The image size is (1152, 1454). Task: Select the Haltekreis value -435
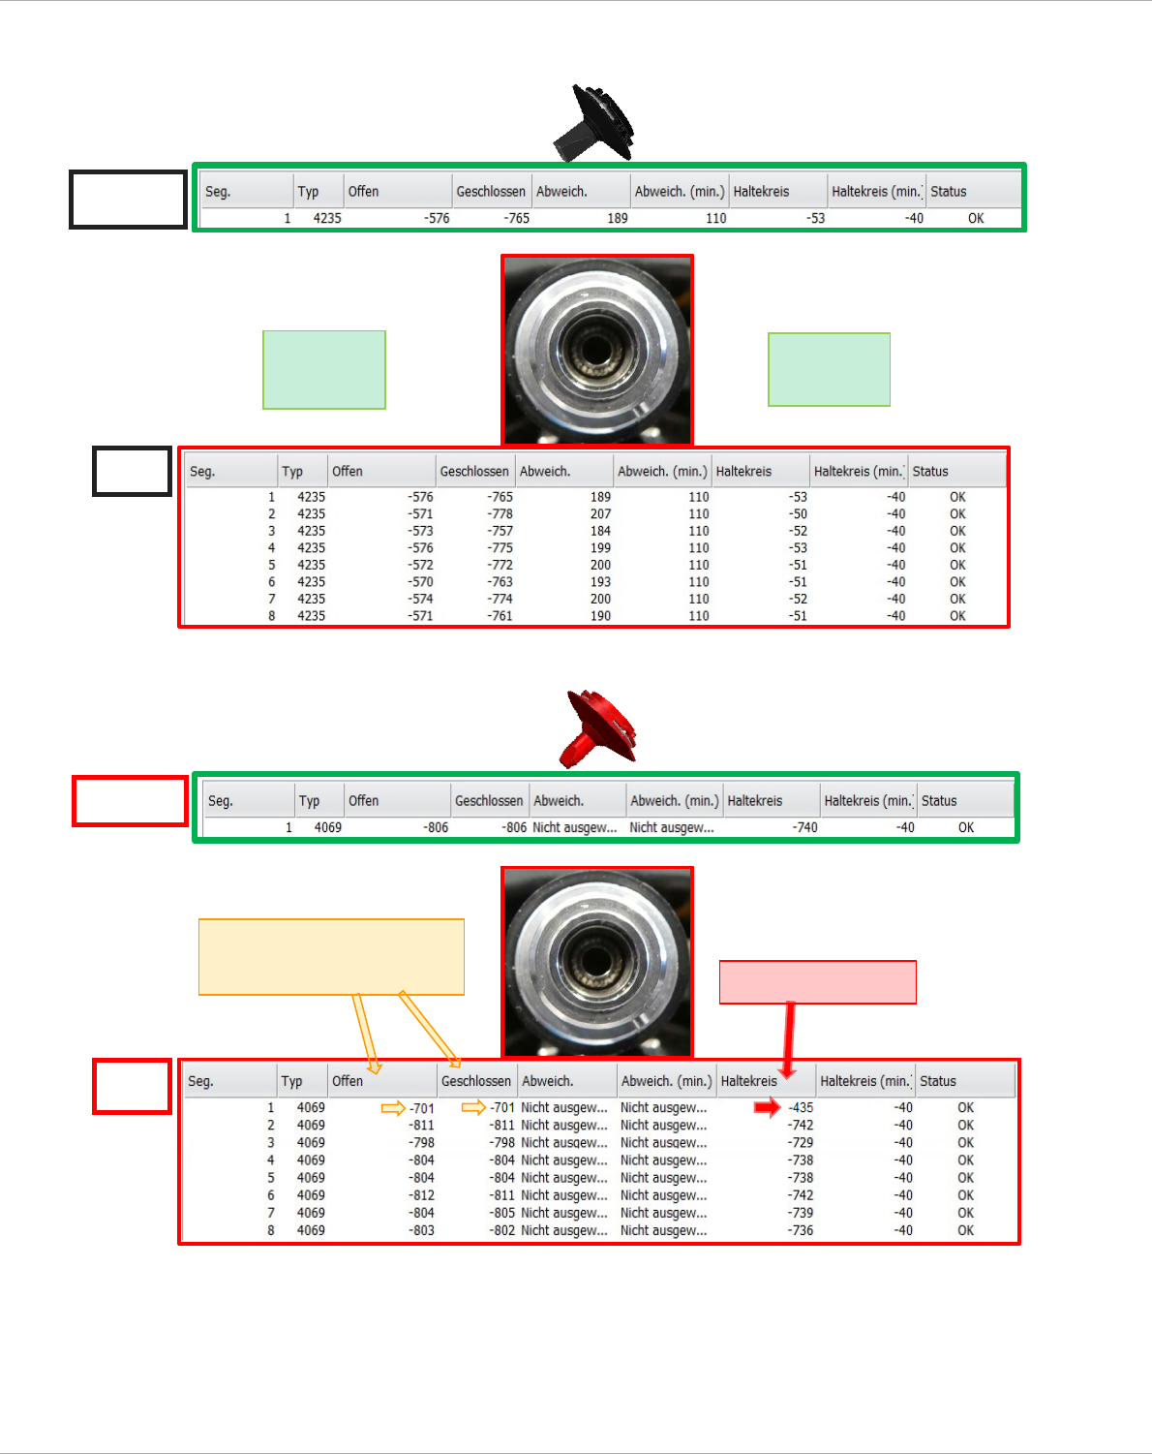coord(801,1107)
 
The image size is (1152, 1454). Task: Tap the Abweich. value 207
coord(600,514)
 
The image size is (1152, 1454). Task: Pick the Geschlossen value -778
coord(500,514)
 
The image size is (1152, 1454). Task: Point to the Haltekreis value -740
coord(804,827)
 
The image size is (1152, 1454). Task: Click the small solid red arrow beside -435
coord(767,1107)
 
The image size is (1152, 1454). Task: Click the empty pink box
coord(817,982)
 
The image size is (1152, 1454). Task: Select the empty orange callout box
coord(331,956)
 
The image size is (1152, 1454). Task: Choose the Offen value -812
coord(421,1195)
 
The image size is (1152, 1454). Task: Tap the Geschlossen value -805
coord(501,1213)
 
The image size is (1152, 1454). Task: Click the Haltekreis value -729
coord(801,1143)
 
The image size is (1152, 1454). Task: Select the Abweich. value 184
coord(600,531)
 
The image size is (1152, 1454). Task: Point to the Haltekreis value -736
coord(801,1230)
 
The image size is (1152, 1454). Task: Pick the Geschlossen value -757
coord(500,531)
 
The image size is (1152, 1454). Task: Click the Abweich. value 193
coord(600,582)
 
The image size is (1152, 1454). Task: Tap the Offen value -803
coord(421,1230)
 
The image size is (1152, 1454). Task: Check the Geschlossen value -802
coord(501,1230)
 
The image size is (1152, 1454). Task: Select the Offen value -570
coord(420,582)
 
